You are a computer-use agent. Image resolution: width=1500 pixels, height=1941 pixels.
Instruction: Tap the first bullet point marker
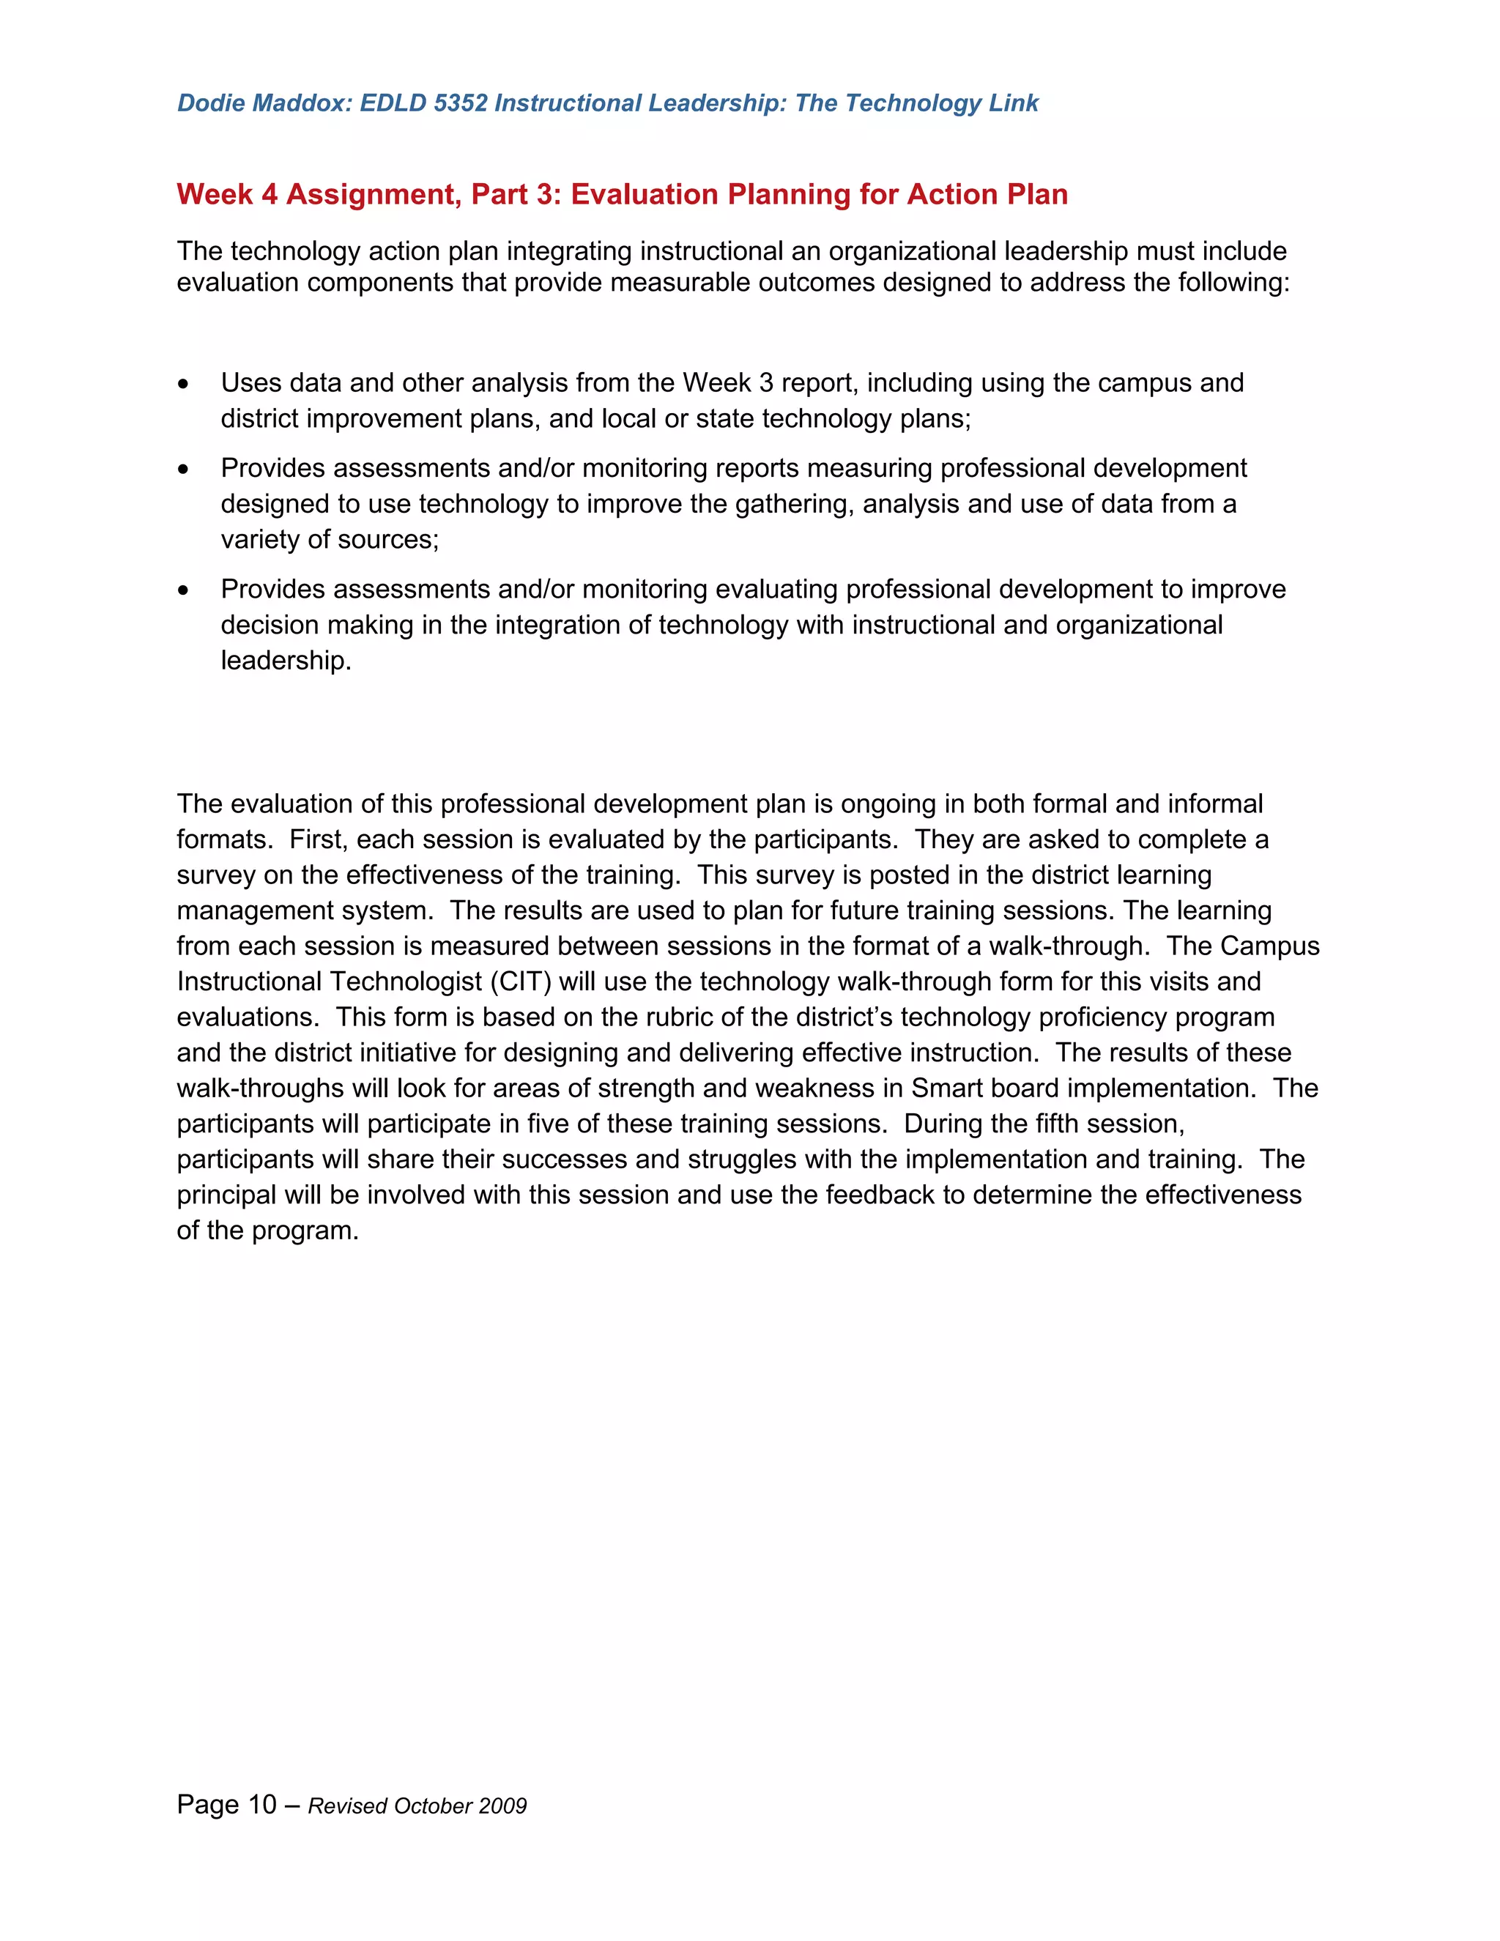coord(183,384)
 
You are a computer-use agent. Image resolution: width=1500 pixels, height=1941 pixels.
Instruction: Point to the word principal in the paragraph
coord(226,1195)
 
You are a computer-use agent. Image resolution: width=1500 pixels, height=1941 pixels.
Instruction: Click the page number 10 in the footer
coord(262,1804)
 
